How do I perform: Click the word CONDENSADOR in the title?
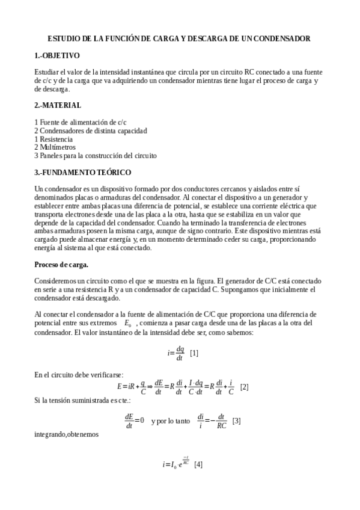pyautogui.click(x=281, y=38)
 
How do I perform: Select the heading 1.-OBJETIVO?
pyautogui.click(x=57, y=55)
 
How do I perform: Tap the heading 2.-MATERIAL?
pyautogui.click(x=58, y=105)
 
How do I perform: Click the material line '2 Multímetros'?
pyautogui.click(x=55, y=147)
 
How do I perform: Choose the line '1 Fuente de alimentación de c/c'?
pyautogui.click(x=81, y=121)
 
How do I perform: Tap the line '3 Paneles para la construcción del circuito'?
pyautogui.click(x=96, y=155)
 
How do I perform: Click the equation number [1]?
pyautogui.click(x=194, y=353)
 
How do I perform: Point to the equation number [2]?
pyautogui.click(x=245, y=387)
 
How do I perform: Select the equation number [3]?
pyautogui.click(x=237, y=420)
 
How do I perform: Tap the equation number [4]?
pyautogui.click(x=198, y=464)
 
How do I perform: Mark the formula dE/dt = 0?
pyautogui.click(x=135, y=420)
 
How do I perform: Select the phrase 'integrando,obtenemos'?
pyautogui.click(x=64, y=433)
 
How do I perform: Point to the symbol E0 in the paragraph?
pyautogui.click(x=127, y=324)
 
